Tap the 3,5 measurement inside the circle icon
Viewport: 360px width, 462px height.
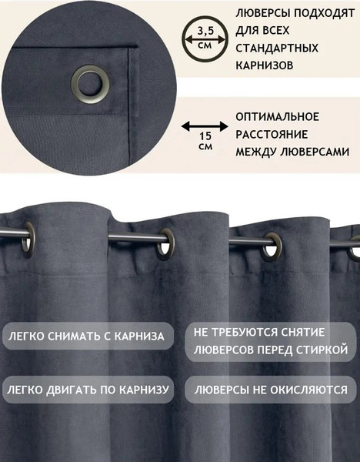[x=205, y=30]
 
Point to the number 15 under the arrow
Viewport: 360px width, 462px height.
[x=205, y=136]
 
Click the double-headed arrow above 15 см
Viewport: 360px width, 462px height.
[x=205, y=127]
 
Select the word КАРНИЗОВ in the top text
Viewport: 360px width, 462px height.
[x=264, y=65]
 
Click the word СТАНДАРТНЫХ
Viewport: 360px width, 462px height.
[x=277, y=48]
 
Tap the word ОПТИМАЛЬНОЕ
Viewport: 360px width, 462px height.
[x=277, y=117]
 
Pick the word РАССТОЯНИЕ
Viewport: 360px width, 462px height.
[x=272, y=134]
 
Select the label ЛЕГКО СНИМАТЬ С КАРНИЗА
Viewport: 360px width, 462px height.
[x=86, y=336]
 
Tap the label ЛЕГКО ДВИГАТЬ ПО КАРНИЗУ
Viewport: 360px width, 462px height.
[x=88, y=390]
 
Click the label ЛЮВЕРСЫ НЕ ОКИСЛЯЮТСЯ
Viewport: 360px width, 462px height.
[x=271, y=390]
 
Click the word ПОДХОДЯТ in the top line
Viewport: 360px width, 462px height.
[x=324, y=13]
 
